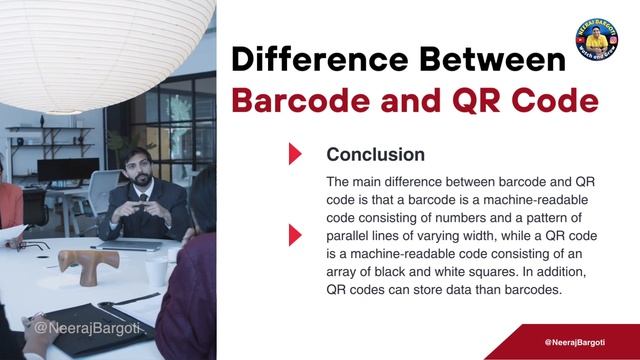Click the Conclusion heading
[x=375, y=155]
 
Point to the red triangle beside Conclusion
[x=294, y=154]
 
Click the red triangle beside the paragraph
[x=294, y=235]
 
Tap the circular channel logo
[x=596, y=38]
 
